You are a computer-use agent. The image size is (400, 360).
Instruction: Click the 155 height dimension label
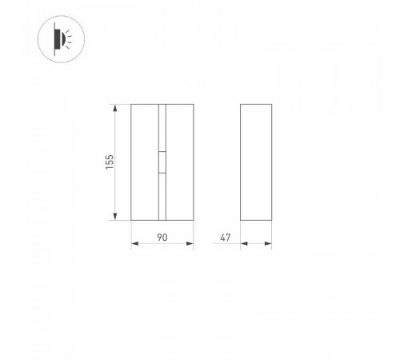(x=110, y=162)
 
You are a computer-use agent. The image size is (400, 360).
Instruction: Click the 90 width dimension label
(x=162, y=238)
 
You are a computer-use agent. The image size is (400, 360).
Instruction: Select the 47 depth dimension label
(x=226, y=238)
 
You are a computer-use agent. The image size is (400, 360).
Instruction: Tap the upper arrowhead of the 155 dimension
(x=115, y=108)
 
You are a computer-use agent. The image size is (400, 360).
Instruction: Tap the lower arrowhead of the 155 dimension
(x=115, y=217)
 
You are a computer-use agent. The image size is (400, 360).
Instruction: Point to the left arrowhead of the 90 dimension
(x=135, y=243)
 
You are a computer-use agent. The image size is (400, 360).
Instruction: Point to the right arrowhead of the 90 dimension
(x=190, y=243)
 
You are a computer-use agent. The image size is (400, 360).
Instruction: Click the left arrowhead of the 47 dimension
(x=244, y=243)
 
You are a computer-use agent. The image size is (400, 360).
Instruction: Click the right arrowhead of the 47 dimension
(x=268, y=243)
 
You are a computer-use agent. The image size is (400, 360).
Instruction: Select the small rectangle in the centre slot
(x=162, y=162)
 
